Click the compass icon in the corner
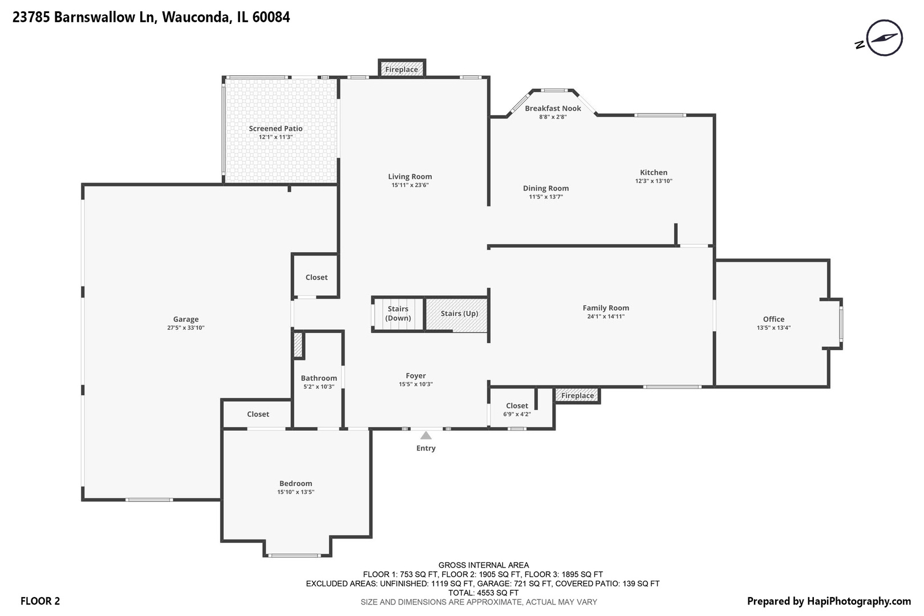[884, 38]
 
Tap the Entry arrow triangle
[426, 436]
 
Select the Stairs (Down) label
[398, 314]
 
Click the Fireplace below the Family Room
[577, 395]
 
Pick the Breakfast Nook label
[553, 108]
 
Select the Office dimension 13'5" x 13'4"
[773, 328]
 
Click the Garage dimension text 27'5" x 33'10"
[186, 328]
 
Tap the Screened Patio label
[275, 129]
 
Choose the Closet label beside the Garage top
[317, 277]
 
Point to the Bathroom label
[319, 378]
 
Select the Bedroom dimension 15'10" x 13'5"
[295, 492]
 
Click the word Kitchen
[654, 172]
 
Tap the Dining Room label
[546, 188]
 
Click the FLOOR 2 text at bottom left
[40, 601]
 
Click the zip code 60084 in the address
[271, 17]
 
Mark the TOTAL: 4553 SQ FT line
[484, 593]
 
